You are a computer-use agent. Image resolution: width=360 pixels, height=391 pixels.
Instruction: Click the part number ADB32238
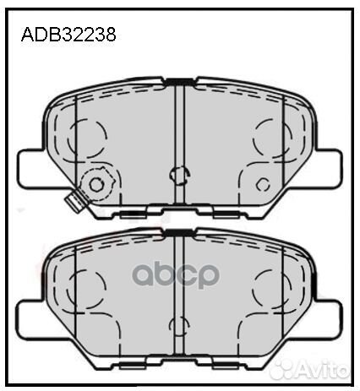tap(68, 35)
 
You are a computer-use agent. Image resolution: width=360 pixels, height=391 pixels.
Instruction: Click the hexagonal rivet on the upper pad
tap(95, 184)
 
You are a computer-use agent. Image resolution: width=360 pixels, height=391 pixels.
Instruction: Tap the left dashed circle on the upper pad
tap(89, 133)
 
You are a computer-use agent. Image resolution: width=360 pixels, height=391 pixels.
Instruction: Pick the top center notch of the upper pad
tap(179, 81)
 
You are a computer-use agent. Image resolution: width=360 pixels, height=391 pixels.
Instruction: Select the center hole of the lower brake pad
tap(178, 325)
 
